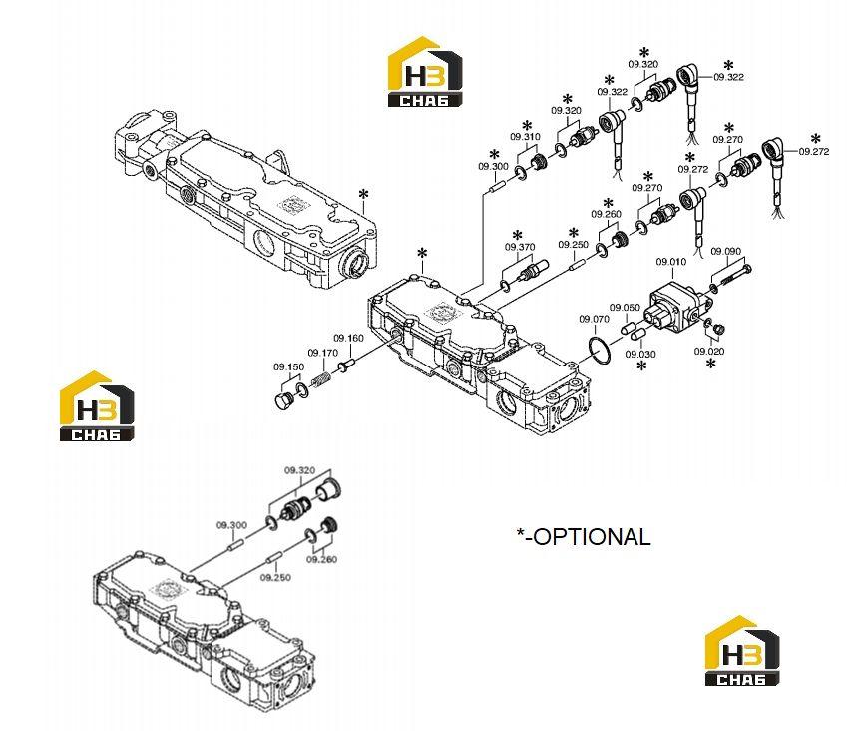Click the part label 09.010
click(670, 262)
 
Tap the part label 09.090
click(726, 251)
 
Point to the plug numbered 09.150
click(283, 401)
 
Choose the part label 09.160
click(348, 338)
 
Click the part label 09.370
click(520, 247)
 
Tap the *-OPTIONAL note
click(584, 537)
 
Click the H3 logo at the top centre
click(425, 71)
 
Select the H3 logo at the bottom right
click(742, 651)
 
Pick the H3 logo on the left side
click(97, 406)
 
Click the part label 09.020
click(709, 351)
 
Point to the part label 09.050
click(625, 308)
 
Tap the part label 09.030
click(640, 355)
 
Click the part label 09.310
click(525, 136)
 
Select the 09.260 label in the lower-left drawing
click(321, 559)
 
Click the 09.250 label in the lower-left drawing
click(275, 577)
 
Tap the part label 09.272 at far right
click(813, 152)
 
